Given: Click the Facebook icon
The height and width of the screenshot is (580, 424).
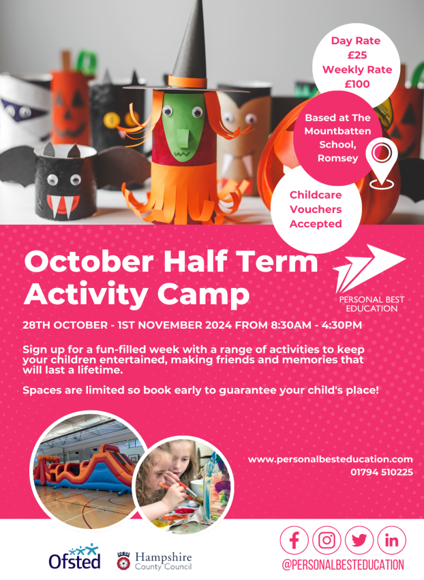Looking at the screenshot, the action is tap(294, 541).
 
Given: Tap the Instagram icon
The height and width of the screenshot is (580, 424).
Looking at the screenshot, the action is tap(327, 541).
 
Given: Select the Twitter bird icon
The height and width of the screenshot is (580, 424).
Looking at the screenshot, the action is tap(359, 541).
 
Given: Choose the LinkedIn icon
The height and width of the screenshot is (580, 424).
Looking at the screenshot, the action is tap(392, 541).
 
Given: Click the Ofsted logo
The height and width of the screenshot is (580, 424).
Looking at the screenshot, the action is tap(74, 557).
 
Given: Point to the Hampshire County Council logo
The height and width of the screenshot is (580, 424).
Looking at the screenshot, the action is tap(155, 561).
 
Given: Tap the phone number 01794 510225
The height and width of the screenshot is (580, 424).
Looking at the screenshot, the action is tap(382, 472).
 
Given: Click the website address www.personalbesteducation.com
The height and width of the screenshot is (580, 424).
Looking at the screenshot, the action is tap(331, 460).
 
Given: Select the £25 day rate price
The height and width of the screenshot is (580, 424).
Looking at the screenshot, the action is tap(357, 55).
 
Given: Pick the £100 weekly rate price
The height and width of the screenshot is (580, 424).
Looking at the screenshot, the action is tap(357, 84).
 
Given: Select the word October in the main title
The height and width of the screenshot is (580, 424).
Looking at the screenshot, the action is tap(89, 261).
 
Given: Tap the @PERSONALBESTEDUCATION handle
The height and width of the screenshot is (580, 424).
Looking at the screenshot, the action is tap(343, 565).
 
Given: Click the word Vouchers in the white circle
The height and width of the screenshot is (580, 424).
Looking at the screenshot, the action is tap(316, 210).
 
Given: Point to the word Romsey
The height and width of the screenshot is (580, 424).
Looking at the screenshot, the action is tap(337, 159).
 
